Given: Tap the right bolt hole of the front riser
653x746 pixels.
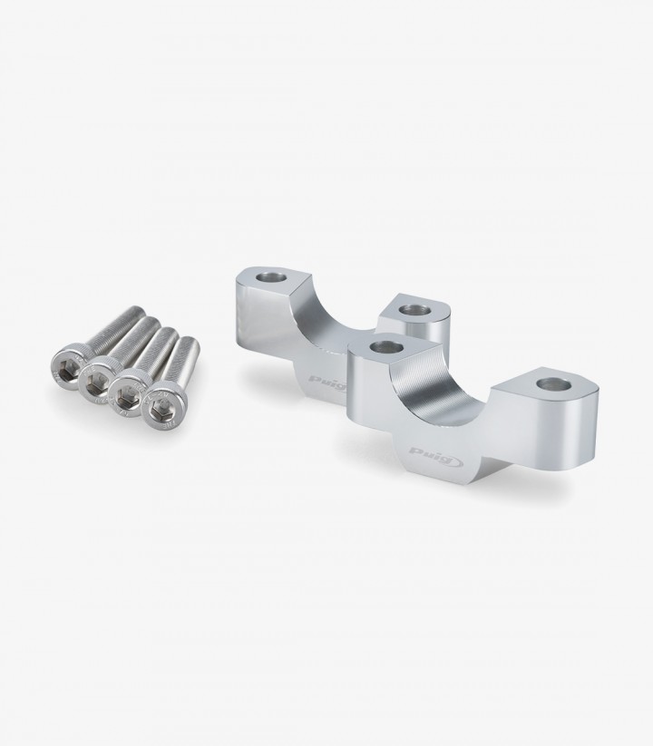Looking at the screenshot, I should point(553,384).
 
